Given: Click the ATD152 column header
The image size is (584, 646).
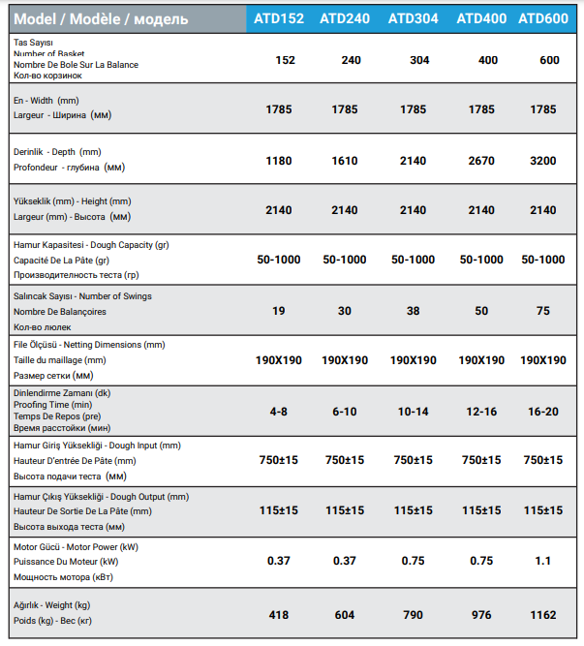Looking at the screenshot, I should pos(278,17).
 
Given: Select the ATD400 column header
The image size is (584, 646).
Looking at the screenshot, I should pos(481,17).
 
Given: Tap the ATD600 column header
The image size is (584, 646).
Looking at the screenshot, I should pos(543,17).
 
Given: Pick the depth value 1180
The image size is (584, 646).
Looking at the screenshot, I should pos(279,161).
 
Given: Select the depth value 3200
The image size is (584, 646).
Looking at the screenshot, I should pos(543,161).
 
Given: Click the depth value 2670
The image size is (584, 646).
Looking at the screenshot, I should pos(481,161).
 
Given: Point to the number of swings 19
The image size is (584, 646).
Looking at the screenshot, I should pos(279,311).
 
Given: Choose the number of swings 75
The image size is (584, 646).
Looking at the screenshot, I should pos(543,311).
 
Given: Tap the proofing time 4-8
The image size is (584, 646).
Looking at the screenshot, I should pos(279,412).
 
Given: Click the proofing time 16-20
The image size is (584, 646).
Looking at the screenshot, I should pos(543,412).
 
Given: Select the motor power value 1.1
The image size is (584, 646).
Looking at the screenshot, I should pos(543,561).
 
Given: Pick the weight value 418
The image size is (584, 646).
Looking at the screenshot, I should pos(279,614).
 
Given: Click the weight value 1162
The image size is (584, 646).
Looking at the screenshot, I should pos(543,614).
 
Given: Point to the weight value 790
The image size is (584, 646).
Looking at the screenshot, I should pos(413,614).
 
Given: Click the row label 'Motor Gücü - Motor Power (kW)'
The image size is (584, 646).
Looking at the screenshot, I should pos(76,546).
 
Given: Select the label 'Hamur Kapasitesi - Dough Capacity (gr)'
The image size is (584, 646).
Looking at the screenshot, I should pos(91,245).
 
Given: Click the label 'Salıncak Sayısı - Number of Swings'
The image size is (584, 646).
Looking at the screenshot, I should pos(82,296).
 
